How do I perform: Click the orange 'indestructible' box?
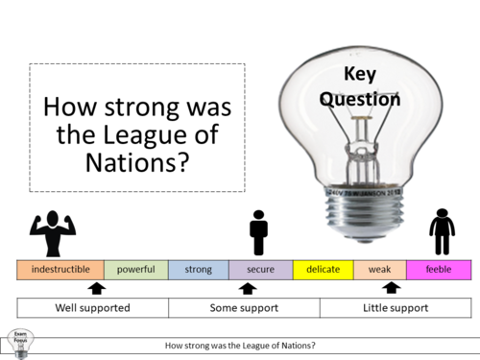point(60,270)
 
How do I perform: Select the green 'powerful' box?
point(135,270)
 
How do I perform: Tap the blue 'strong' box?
point(198,270)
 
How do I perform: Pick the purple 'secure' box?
point(260,270)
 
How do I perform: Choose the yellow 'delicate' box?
point(323,270)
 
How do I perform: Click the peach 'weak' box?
point(379,270)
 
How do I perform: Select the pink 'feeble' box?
point(438,270)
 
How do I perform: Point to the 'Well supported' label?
point(93,308)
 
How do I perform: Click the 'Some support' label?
point(244,308)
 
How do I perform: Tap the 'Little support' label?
point(395,308)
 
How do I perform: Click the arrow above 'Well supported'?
point(95,287)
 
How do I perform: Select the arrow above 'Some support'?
point(247,287)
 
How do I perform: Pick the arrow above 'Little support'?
point(390,287)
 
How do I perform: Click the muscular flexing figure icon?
point(53,234)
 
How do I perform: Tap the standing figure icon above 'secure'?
point(257,233)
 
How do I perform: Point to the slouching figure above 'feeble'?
point(442,233)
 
